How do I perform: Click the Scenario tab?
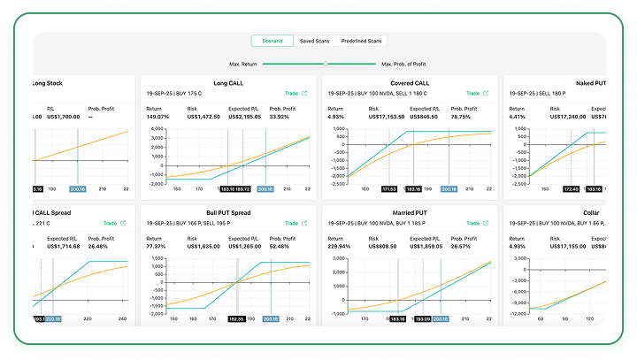click(x=272, y=41)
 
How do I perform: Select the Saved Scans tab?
click(x=316, y=41)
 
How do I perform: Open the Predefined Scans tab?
click(x=363, y=41)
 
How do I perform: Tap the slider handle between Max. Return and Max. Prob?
click(x=326, y=64)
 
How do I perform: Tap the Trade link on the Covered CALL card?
click(x=473, y=93)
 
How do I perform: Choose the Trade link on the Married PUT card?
click(x=473, y=223)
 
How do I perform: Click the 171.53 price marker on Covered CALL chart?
click(x=389, y=188)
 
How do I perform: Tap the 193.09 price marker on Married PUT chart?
click(x=421, y=318)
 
